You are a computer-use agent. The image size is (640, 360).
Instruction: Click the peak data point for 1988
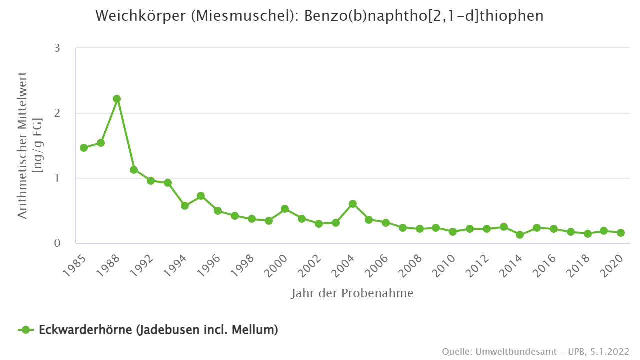(117, 99)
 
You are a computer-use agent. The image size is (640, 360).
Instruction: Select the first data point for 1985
(84, 148)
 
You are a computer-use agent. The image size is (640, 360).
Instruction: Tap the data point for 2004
(353, 204)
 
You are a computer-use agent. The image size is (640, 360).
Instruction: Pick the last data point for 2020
(621, 233)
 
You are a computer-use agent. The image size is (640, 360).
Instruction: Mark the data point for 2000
(285, 209)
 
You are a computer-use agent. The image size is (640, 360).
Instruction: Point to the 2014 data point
(520, 235)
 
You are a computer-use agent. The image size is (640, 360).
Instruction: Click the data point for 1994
(185, 206)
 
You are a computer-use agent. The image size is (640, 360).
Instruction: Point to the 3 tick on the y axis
(57, 48)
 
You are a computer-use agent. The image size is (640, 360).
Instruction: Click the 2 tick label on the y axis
(57, 113)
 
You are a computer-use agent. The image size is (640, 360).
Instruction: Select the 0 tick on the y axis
(57, 243)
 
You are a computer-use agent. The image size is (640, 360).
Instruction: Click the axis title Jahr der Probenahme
(352, 293)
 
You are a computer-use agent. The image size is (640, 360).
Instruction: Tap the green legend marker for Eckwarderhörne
(26, 330)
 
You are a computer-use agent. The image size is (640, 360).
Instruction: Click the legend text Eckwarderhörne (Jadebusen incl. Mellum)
(158, 330)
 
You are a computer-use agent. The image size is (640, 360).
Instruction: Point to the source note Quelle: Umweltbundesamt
(535, 351)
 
